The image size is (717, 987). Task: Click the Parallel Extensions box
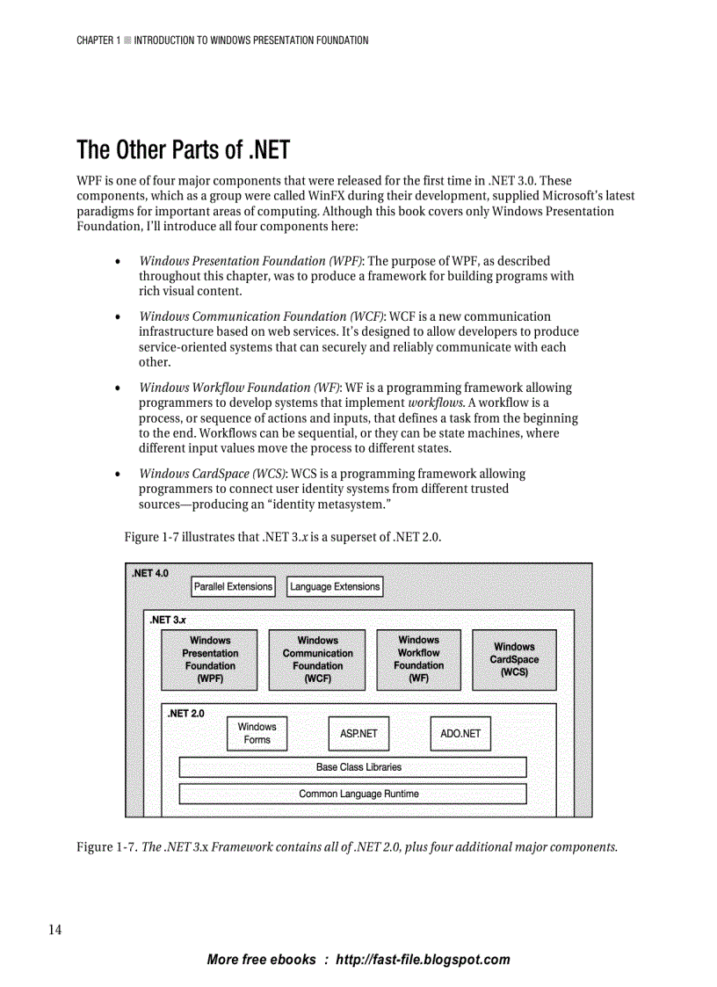tap(233, 586)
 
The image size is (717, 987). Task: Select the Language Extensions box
tap(335, 586)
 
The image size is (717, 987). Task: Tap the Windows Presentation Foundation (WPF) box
tap(210, 659)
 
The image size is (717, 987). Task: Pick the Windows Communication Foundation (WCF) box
tap(317, 659)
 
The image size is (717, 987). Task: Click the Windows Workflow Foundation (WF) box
tap(419, 659)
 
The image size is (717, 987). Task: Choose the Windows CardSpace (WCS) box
tap(514, 659)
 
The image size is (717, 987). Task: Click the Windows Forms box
tap(257, 733)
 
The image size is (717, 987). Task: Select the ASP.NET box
tap(358, 733)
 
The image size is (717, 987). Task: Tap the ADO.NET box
tap(460, 733)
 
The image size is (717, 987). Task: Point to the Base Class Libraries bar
tap(352, 767)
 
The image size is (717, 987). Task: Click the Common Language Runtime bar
tap(352, 794)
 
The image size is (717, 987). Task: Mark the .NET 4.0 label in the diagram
tap(149, 573)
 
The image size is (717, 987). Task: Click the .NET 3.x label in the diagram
tap(167, 620)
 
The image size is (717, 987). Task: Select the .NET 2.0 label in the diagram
tap(185, 713)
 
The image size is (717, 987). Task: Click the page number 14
tap(54, 930)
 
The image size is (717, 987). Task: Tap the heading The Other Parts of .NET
tap(183, 149)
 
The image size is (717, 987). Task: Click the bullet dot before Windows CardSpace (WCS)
tap(118, 475)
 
